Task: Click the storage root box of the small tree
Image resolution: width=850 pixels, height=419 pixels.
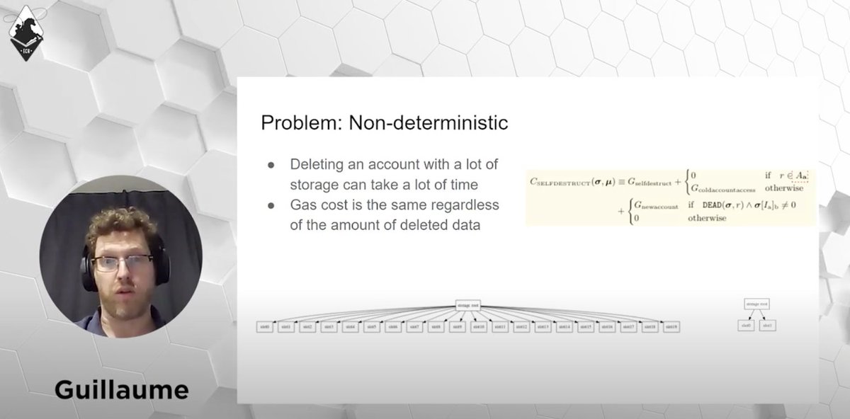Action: [755, 304]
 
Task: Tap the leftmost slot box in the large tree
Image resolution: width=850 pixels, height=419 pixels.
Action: [266, 327]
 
